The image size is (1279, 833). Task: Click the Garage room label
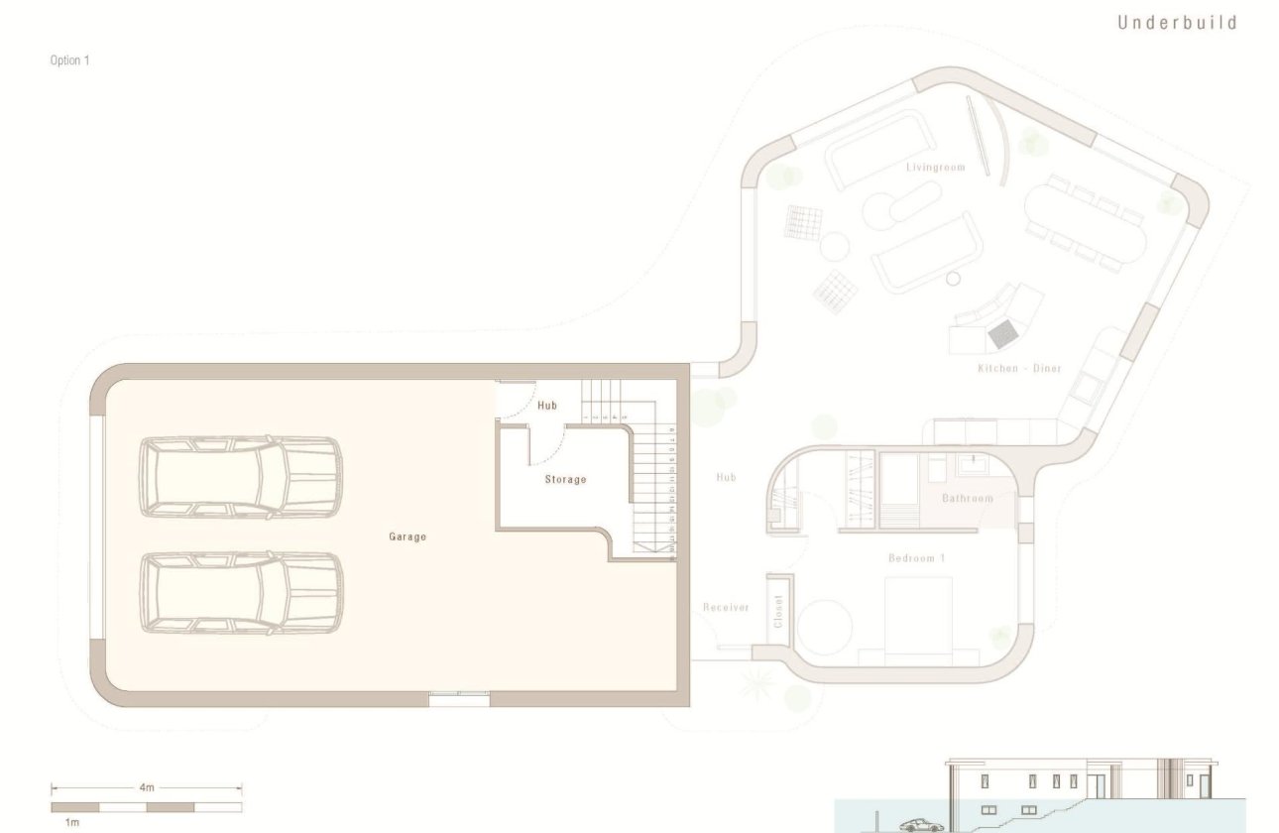click(x=407, y=536)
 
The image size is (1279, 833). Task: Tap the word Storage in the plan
click(x=565, y=480)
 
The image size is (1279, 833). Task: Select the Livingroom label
click(x=935, y=168)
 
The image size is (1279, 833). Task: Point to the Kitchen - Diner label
click(x=1019, y=369)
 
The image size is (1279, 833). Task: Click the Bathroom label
click(x=967, y=498)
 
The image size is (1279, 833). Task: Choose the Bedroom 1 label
click(x=916, y=558)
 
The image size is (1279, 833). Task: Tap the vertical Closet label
click(x=778, y=611)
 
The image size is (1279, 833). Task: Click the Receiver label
click(x=726, y=607)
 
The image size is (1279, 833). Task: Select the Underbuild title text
click(x=1177, y=23)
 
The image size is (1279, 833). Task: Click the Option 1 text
click(x=69, y=60)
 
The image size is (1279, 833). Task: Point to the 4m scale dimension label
click(x=147, y=787)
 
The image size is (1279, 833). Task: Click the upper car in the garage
click(x=241, y=477)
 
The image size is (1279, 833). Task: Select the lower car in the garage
click(x=241, y=592)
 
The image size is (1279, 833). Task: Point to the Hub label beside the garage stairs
click(x=547, y=406)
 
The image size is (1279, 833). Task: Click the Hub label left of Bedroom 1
click(x=726, y=477)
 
